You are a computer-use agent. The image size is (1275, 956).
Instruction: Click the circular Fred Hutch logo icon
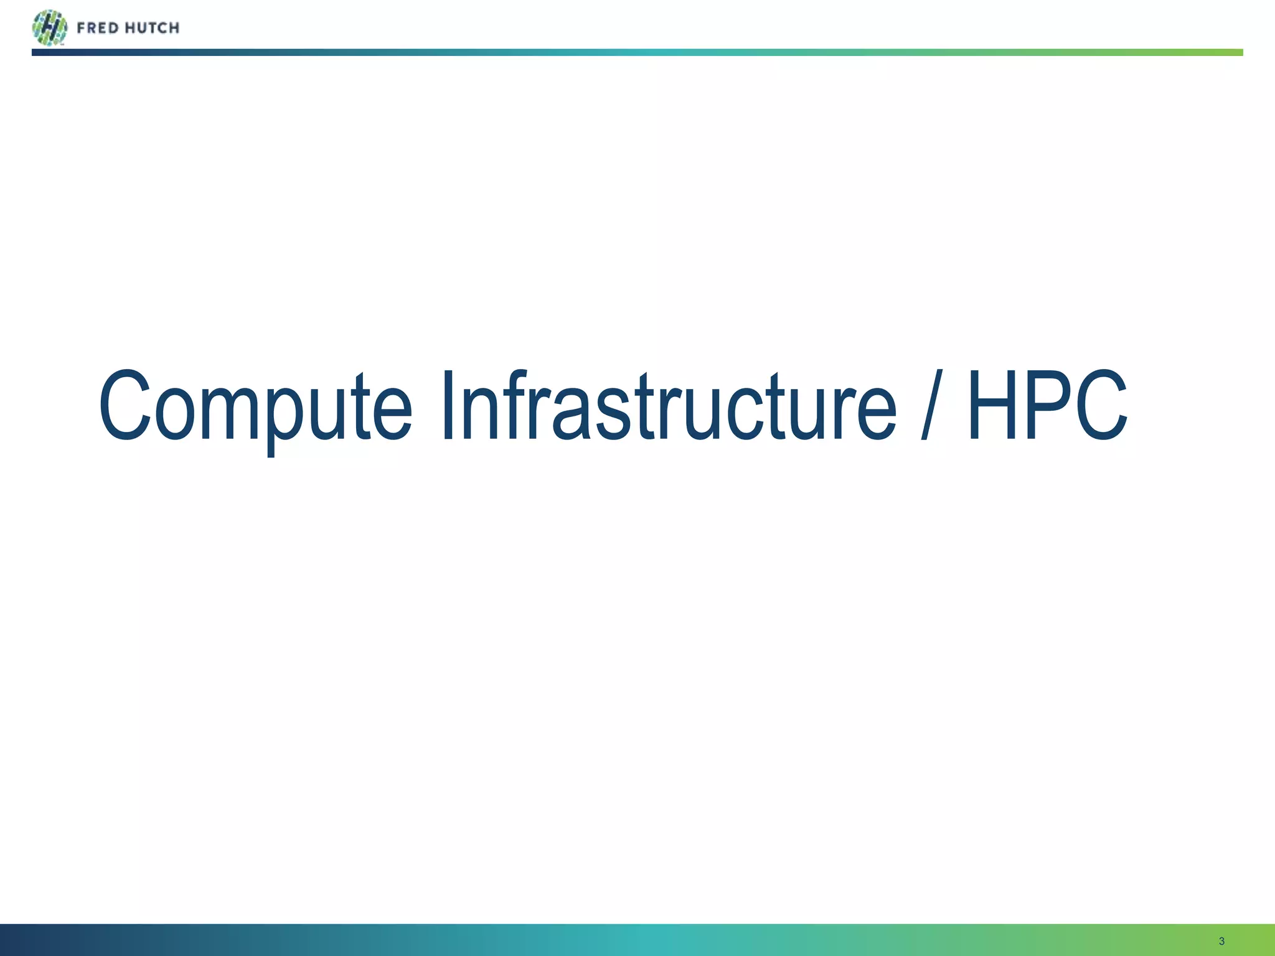pyautogui.click(x=49, y=27)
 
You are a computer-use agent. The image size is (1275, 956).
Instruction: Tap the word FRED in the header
pyautogui.click(x=98, y=28)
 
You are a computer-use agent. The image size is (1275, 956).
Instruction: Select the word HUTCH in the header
pyautogui.click(x=152, y=28)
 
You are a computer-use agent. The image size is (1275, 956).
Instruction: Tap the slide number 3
pyautogui.click(x=1221, y=941)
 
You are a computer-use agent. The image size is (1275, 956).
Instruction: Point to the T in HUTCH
pyautogui.click(x=150, y=28)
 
